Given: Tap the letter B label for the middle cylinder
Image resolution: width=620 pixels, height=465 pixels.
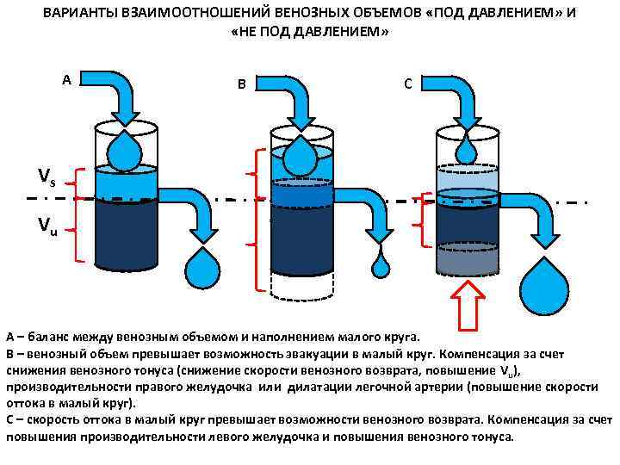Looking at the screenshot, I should pyautogui.click(x=242, y=84).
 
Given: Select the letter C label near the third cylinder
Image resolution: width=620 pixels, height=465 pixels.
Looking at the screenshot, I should pyautogui.click(x=408, y=84).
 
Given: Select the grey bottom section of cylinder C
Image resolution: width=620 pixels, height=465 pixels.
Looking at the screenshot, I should pyautogui.click(x=468, y=258).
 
